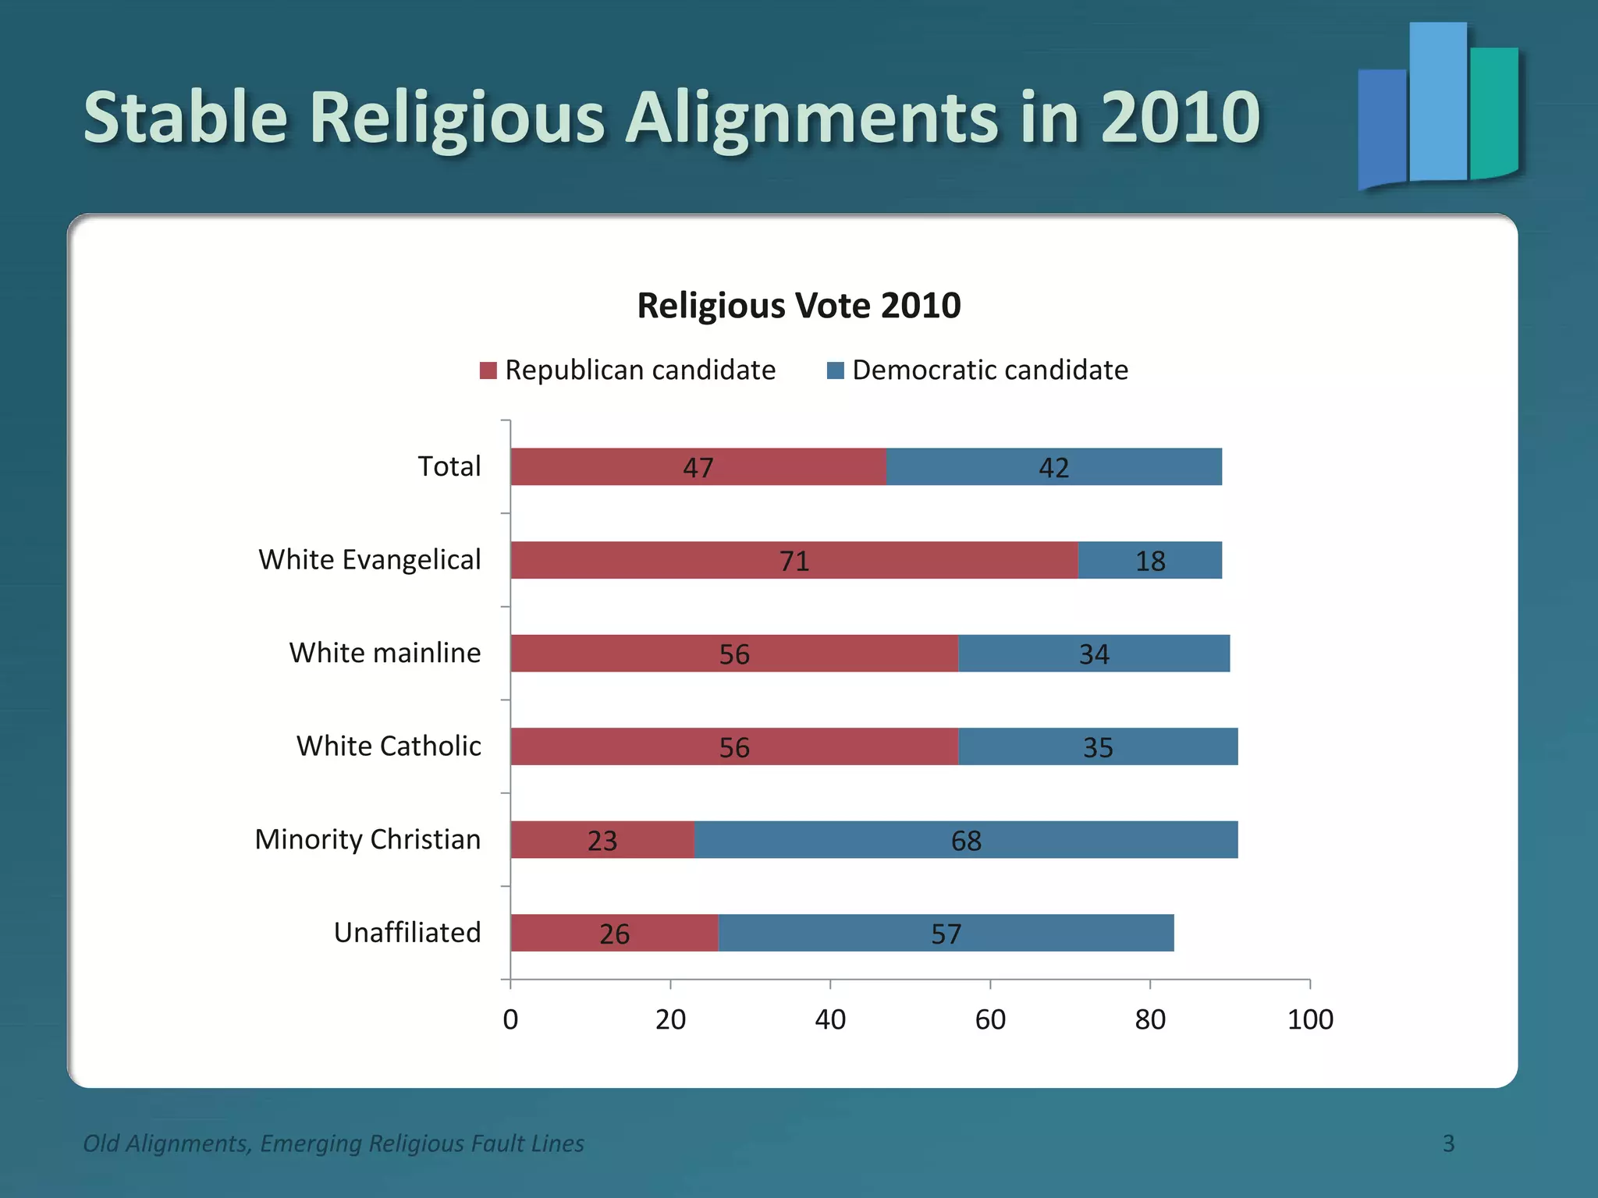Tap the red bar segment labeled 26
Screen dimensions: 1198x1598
pos(614,933)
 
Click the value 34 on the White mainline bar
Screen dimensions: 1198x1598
pos(1094,654)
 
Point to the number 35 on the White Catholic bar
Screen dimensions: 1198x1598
pos(1098,747)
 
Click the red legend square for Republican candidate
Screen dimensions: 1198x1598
pos(488,370)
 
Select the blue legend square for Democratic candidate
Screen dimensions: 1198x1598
pos(836,370)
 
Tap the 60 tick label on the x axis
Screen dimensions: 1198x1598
pos(990,1019)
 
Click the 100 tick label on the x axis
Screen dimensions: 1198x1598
pos(1310,1019)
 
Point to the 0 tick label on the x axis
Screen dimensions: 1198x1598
pos(510,1019)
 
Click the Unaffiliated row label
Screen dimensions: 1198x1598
pos(407,932)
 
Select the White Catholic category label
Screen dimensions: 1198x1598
pos(389,746)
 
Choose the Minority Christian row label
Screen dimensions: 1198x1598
pos(368,839)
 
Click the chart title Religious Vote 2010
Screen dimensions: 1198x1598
pos(799,305)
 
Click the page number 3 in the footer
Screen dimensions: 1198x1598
pos(1448,1143)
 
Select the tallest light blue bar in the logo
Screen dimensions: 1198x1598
pos(1438,101)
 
